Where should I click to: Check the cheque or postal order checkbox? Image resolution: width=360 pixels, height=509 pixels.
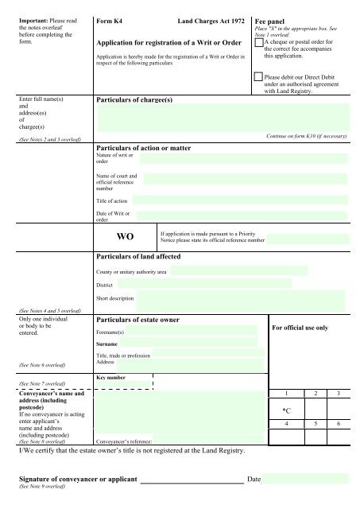tap(257, 43)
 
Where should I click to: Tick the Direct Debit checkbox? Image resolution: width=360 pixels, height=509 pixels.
tap(257, 76)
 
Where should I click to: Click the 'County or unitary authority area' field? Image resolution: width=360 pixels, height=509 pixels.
tap(258, 271)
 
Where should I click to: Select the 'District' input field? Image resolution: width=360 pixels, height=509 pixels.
tap(204, 284)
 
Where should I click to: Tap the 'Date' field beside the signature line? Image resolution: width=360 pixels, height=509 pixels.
tap(305, 480)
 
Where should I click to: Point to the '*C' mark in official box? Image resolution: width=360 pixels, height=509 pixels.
tap(287, 410)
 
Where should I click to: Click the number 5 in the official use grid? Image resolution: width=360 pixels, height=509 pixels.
tap(316, 425)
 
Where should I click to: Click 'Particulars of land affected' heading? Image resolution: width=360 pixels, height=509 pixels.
tap(145, 257)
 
